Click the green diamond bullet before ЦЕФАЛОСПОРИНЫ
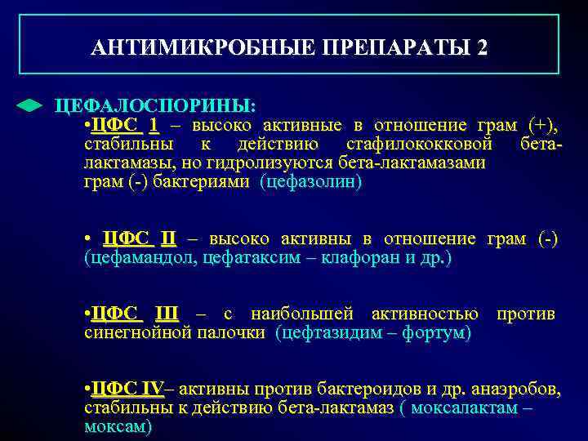point(29,107)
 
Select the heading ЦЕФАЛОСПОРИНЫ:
point(154,107)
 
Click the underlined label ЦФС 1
point(126,126)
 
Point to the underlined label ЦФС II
point(140,238)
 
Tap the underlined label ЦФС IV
point(128,389)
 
